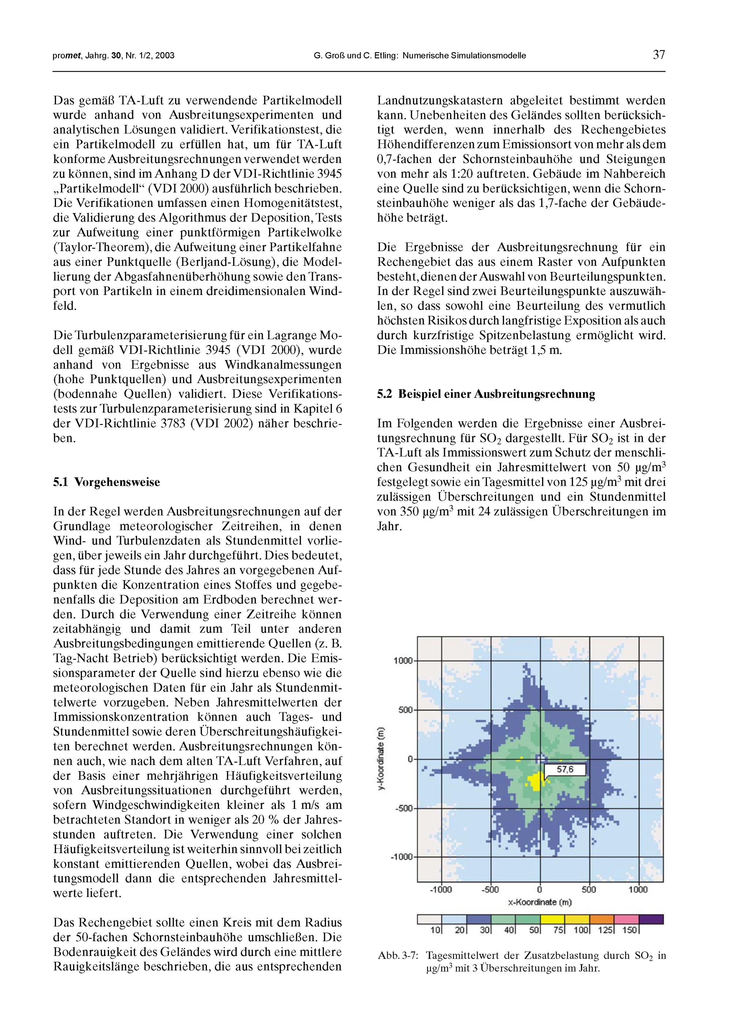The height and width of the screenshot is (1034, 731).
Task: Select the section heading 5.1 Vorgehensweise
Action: click(106, 482)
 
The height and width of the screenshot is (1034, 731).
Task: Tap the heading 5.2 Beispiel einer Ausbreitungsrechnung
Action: click(485, 394)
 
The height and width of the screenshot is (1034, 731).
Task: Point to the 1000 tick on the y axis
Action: click(403, 661)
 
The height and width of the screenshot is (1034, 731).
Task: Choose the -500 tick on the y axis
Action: click(403, 808)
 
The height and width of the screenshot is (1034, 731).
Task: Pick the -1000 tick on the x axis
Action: click(441, 889)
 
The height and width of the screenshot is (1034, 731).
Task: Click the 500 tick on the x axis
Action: click(589, 889)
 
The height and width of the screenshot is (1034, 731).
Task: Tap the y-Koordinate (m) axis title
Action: click(381, 759)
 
